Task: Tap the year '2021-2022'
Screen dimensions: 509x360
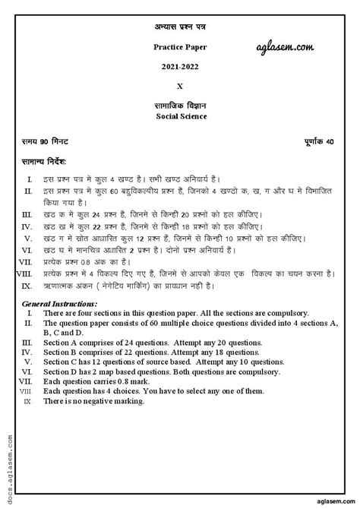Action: (179, 67)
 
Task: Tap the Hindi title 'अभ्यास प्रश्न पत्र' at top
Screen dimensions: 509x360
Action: (179, 28)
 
